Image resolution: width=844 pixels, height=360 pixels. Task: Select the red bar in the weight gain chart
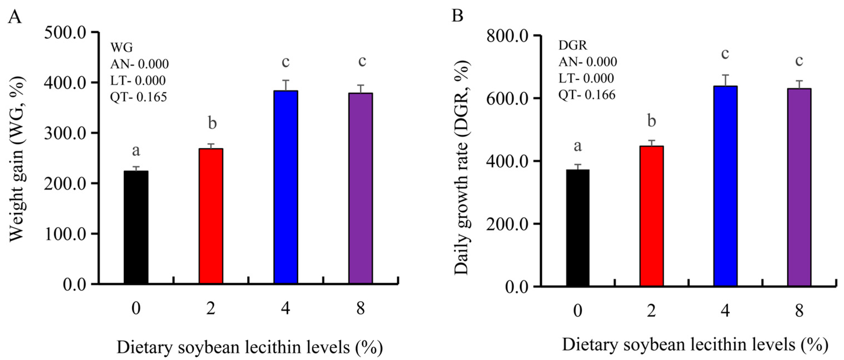pos(211,216)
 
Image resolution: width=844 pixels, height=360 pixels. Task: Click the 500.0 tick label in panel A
pos(65,32)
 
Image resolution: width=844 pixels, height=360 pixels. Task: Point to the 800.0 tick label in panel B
pos(507,36)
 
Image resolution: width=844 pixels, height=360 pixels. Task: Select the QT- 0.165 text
pos(138,97)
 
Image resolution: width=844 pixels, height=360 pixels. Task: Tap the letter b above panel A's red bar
pos(212,124)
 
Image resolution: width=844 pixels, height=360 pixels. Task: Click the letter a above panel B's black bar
pos(578,146)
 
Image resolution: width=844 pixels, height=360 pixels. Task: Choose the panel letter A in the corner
pos(15,16)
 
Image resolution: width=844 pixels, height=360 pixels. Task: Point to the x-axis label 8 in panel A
pos(360,308)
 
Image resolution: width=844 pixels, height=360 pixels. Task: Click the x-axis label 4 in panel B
pos(725,311)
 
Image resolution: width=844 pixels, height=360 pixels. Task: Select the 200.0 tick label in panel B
pos(507,224)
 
